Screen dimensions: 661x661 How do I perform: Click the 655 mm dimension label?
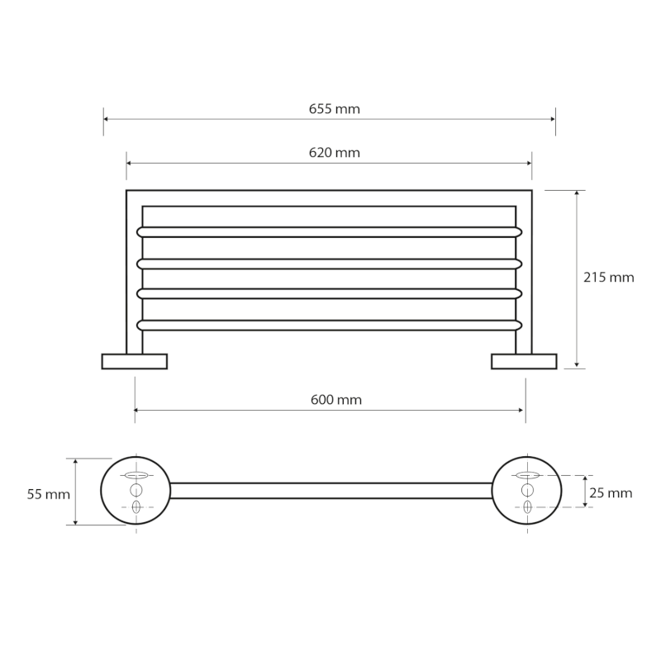coord(335,109)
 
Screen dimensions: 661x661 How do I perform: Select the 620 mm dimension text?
coord(335,153)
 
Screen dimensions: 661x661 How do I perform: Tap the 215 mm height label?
coord(609,278)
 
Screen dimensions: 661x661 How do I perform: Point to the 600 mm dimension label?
coord(336,400)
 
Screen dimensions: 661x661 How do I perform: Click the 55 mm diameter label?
coord(49,494)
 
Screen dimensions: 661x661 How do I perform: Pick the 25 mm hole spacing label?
coord(611,492)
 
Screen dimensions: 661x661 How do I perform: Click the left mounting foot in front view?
coord(135,362)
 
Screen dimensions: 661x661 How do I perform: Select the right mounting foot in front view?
coord(524,362)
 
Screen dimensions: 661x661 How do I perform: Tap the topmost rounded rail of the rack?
coord(329,232)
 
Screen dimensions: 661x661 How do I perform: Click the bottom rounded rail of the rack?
coord(329,325)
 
